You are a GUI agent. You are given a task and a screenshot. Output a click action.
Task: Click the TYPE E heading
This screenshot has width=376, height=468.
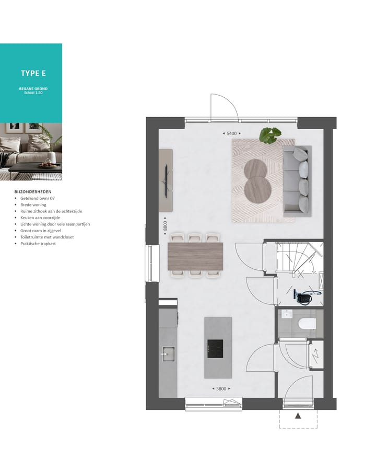33,73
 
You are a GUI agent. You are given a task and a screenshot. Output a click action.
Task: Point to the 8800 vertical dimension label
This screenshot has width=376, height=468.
165,226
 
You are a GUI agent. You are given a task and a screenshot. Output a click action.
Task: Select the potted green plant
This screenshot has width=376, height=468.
271,135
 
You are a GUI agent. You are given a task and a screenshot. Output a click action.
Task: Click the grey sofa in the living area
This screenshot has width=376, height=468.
297,181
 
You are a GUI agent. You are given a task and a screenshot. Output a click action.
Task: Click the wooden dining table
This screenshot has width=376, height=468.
195,256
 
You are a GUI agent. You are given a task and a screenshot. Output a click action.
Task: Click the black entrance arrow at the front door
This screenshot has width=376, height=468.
298,416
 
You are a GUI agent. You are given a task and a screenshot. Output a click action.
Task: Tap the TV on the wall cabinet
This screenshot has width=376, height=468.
166,180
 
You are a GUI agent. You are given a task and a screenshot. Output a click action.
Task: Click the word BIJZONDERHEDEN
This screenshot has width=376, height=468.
33,192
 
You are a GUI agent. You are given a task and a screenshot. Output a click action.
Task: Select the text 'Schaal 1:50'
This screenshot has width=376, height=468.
33,93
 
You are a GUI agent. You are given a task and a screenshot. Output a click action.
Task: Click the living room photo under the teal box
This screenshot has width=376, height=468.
31,151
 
